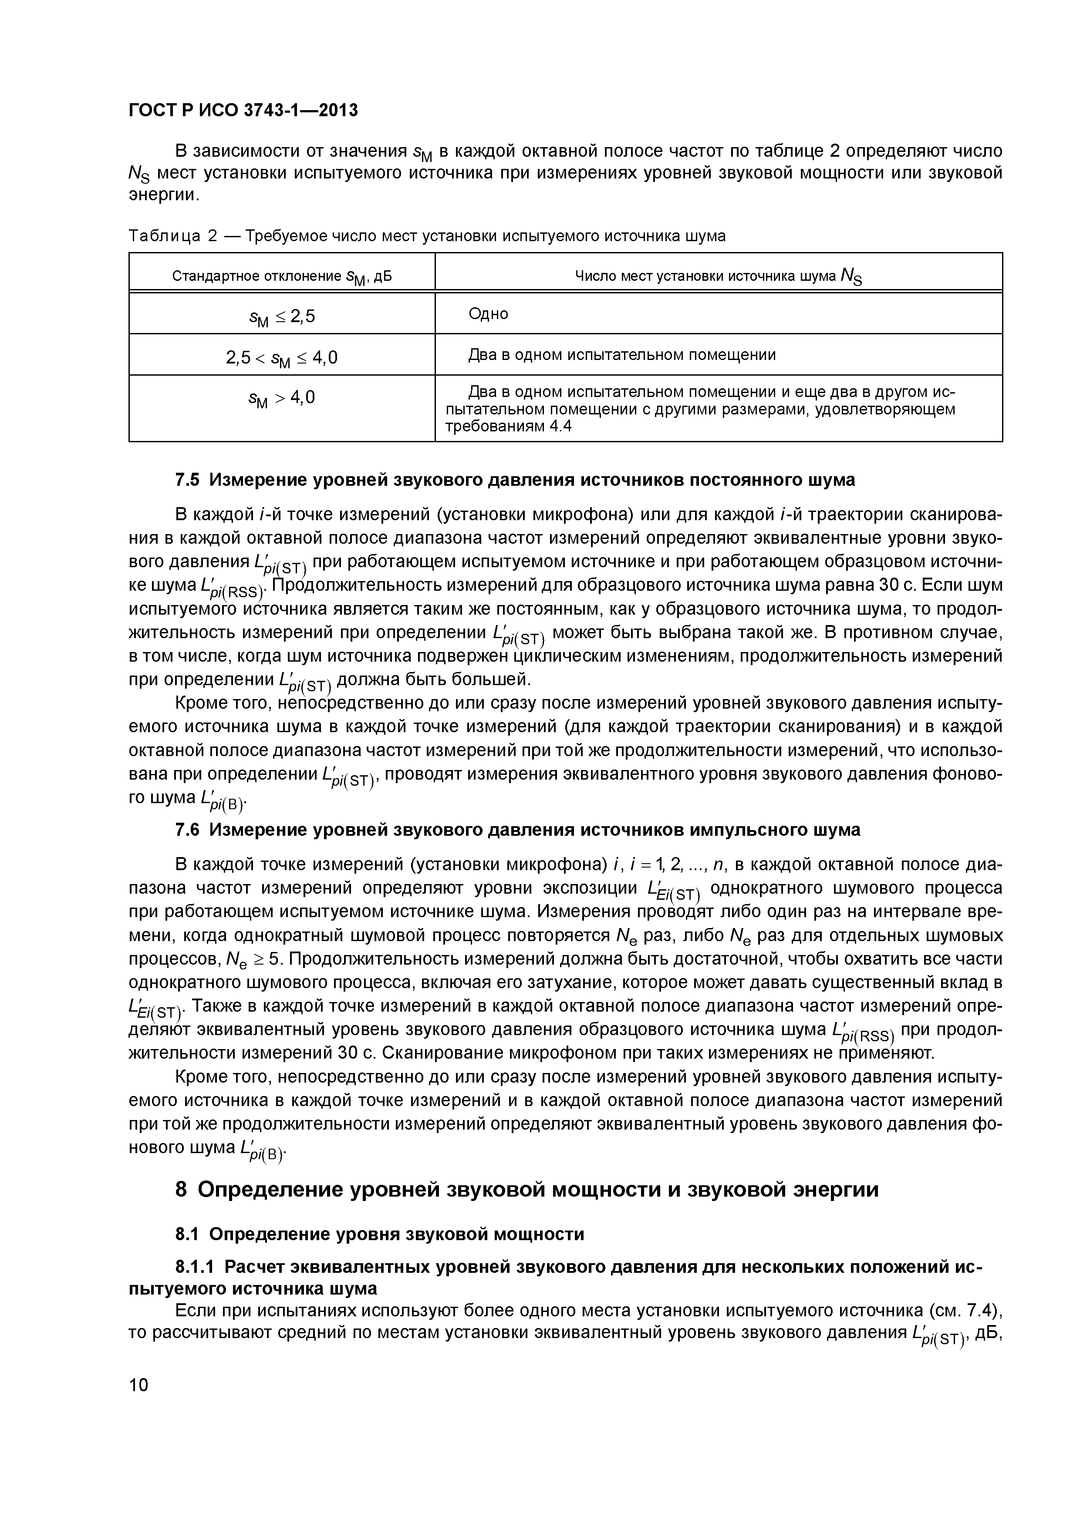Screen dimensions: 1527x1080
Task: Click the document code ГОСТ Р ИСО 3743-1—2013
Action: tap(243, 110)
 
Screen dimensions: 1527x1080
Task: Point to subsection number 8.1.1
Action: tap(195, 1267)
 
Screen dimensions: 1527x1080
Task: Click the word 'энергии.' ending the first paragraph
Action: tap(164, 195)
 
